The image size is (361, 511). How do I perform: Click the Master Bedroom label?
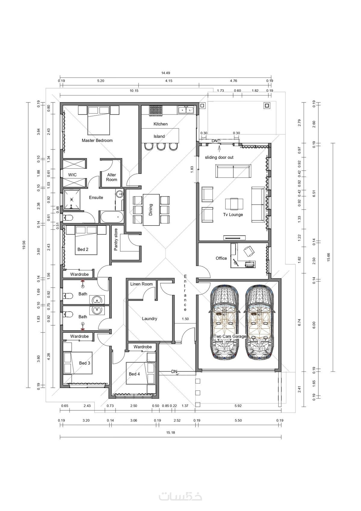(97, 140)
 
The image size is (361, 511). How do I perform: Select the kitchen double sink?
(186, 110)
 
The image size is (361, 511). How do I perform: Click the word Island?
(159, 136)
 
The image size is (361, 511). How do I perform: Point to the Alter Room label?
(112, 177)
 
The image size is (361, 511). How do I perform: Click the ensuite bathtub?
(112, 217)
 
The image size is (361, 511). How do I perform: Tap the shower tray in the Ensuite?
(72, 199)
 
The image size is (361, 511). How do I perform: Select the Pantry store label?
(116, 240)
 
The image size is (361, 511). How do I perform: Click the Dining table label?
(150, 210)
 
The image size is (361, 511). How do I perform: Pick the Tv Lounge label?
(233, 215)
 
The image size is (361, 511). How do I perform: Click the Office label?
(221, 258)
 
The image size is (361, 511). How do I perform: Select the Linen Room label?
(141, 284)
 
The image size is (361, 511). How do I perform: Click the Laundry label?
(150, 319)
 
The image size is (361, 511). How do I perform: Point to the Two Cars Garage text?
(230, 337)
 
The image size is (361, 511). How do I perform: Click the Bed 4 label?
(134, 374)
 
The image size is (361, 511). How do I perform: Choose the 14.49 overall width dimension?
(165, 73)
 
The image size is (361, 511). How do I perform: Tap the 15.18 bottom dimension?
(170, 432)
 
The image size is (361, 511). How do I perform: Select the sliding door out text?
(219, 157)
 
